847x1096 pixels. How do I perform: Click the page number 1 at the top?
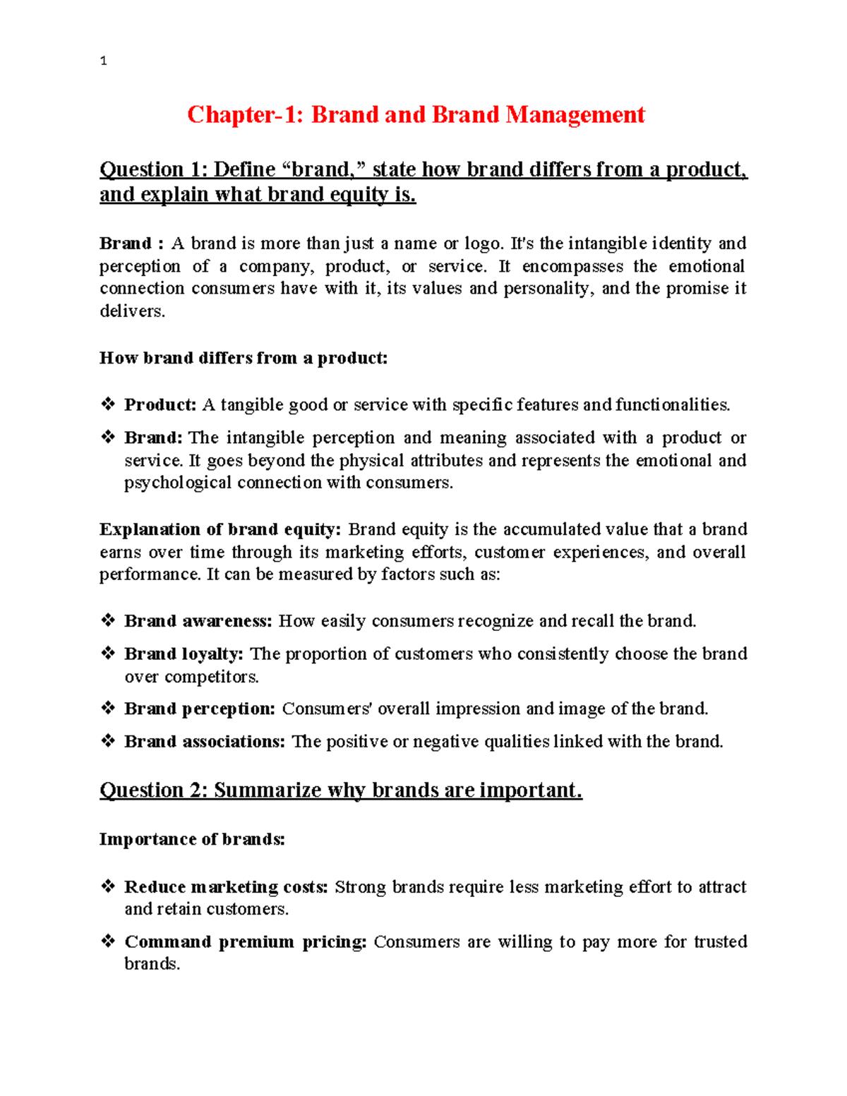(104, 61)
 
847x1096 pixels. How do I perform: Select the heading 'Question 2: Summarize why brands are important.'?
(341, 790)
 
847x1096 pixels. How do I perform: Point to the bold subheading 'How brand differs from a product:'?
(244, 358)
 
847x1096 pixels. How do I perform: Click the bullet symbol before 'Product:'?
(108, 404)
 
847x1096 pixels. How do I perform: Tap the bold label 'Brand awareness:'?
(198, 621)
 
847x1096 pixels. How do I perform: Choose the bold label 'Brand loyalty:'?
(184, 654)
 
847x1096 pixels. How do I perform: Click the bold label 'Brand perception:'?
(200, 709)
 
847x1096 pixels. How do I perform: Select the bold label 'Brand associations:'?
(205, 742)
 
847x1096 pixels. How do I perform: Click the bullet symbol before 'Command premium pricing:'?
(108, 941)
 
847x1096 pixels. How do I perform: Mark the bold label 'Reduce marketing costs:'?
(226, 887)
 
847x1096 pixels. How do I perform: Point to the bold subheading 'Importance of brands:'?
(192, 839)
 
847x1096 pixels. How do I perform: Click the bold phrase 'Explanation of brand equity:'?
(220, 529)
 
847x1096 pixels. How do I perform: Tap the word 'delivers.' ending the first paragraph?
(132, 311)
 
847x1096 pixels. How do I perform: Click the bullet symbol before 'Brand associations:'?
(108, 741)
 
